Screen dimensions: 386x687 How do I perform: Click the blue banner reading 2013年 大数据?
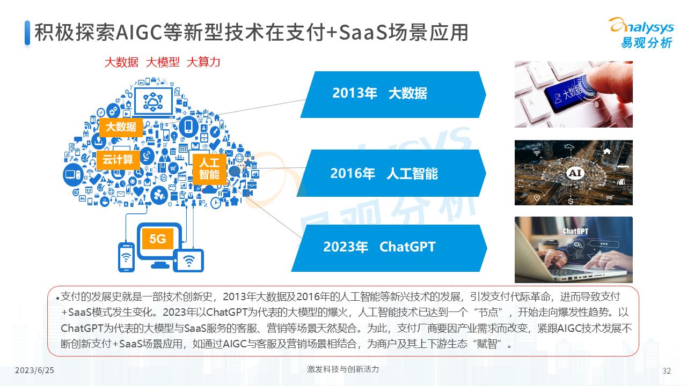[392, 94]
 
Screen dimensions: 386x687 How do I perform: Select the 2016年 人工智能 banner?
[392, 174]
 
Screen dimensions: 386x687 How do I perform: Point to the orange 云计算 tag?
[118, 160]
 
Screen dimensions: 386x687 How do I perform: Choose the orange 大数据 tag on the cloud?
[121, 127]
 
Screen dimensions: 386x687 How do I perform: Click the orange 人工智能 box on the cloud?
[209, 168]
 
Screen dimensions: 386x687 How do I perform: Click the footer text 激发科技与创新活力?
[343, 369]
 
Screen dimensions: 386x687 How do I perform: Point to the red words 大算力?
[203, 62]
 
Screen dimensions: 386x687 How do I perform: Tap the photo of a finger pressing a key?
[573, 94]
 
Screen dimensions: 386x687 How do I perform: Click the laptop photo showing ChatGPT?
[573, 249]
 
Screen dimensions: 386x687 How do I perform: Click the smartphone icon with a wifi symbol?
[127, 257]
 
